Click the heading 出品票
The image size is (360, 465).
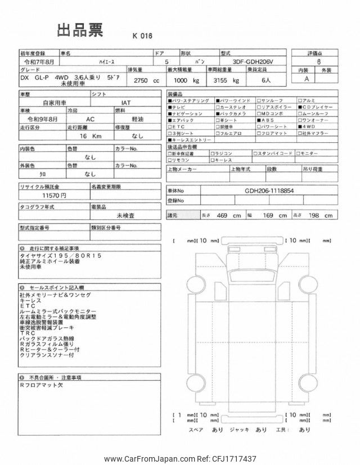80,31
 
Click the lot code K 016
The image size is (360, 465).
142,35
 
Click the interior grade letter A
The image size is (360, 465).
307,79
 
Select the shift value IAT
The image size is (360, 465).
127,103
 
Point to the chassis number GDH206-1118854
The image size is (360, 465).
269,191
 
